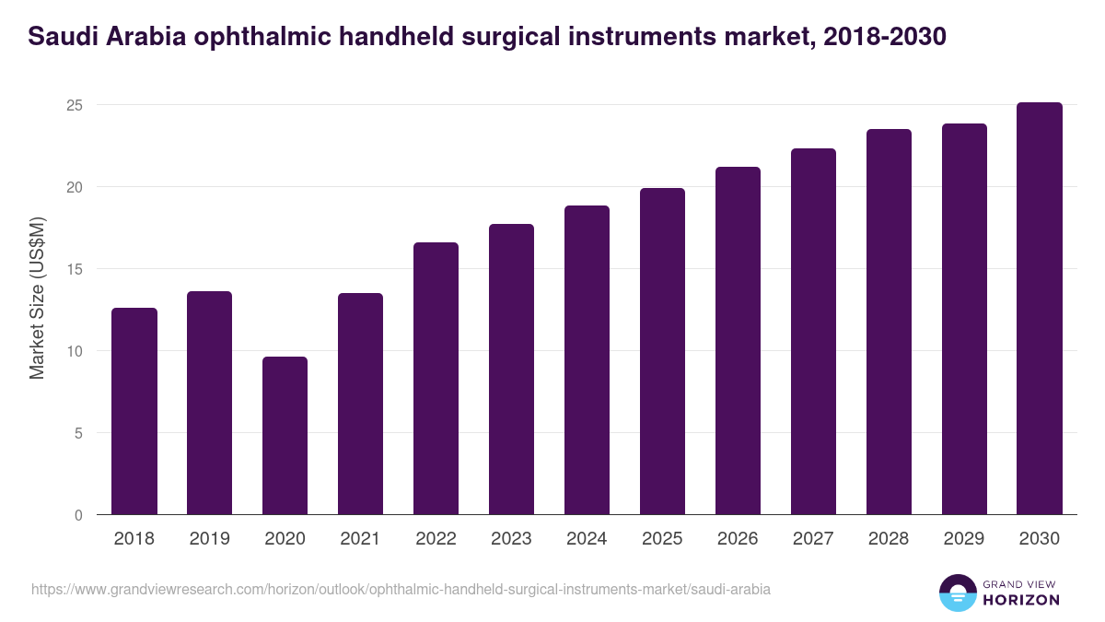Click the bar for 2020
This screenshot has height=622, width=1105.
point(285,436)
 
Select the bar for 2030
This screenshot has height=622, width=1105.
point(1040,309)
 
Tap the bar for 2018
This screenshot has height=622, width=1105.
point(134,411)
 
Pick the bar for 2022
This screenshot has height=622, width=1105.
point(436,379)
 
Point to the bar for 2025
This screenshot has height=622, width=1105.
point(662,351)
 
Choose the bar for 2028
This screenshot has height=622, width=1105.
point(889,322)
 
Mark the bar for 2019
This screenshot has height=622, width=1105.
point(209,403)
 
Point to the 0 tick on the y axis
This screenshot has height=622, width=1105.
point(79,515)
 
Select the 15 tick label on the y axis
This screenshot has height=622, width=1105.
point(75,269)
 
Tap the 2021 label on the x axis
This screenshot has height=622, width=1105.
point(360,539)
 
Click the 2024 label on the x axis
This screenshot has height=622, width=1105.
point(587,539)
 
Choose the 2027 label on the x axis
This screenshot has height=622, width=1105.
point(813,539)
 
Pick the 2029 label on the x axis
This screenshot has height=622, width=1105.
point(964,539)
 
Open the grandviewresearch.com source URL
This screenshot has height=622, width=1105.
point(401,589)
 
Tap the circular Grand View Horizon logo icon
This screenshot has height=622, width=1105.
point(958,593)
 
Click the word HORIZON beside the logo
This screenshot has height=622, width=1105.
point(1020,600)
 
